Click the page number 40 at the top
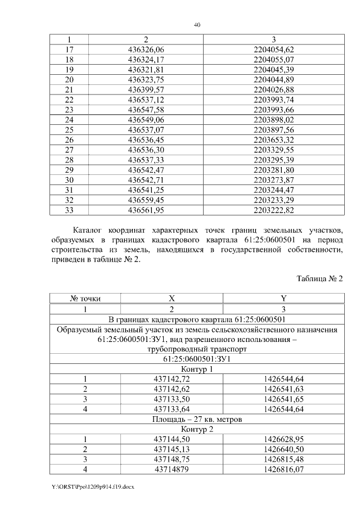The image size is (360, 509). [x=197, y=25]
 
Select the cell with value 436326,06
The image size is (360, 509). [x=146, y=49]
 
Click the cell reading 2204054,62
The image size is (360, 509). [x=274, y=49]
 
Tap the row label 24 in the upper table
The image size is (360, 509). [x=70, y=120]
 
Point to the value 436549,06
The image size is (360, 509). [x=146, y=120]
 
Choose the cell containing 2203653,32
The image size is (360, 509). [x=274, y=140]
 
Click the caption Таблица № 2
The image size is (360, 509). [x=319, y=278]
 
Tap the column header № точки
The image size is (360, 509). [x=85, y=299]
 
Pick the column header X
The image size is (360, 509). [x=172, y=299]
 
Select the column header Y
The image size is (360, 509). [x=283, y=299]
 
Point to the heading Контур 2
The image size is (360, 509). [x=197, y=429]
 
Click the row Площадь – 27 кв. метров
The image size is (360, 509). [x=197, y=419]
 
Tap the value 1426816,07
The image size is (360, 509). [x=283, y=469]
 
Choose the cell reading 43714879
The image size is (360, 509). [x=172, y=469]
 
